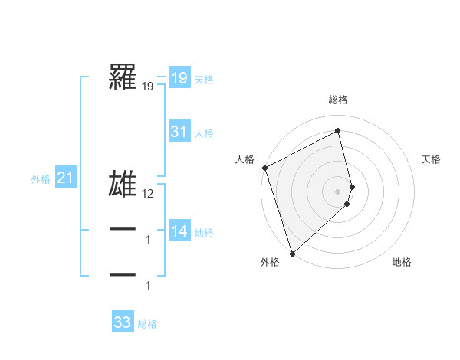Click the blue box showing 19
pos(179,77)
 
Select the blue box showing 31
pos(179,132)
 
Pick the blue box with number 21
pos(65,178)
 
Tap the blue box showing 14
pos(179,231)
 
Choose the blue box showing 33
pos(123,322)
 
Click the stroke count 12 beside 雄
pos(149,195)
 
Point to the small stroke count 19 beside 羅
pos(148,87)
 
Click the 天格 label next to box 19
pos(204,79)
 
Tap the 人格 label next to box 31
pos(204,133)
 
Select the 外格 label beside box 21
pos(41,179)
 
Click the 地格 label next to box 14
pos(204,233)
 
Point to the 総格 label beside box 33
pos(147,324)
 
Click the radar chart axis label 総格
pos(338,100)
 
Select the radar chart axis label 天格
pos(432,159)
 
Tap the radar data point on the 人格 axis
pos(264,168)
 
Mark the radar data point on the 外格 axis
pos(292,253)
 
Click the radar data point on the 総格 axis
pos(338,130)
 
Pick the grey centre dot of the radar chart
pos(338,191)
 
